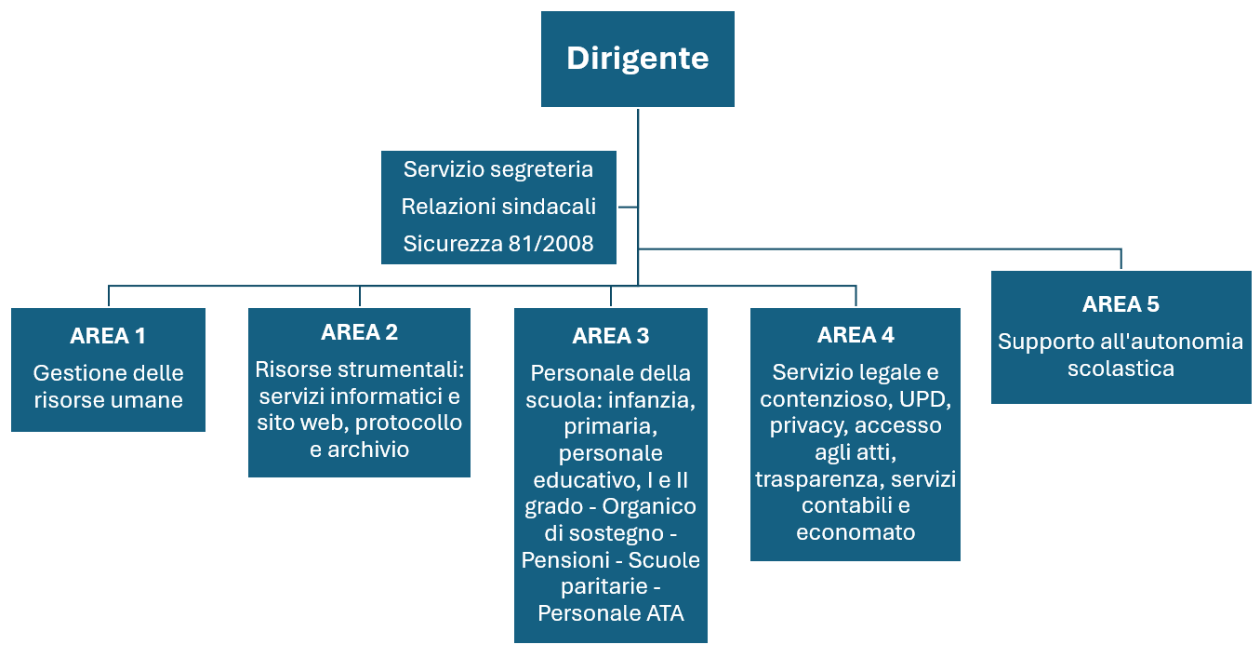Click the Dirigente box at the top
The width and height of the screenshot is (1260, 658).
(637, 60)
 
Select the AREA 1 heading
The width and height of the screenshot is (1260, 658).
(108, 336)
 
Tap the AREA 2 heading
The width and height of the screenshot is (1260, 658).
(360, 332)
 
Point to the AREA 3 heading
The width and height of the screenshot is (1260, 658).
(611, 336)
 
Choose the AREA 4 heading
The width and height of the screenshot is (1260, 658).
(855, 335)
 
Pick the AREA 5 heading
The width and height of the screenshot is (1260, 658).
(1121, 304)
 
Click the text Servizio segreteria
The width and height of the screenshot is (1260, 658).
(498, 169)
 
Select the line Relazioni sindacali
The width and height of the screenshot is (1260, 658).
(498, 207)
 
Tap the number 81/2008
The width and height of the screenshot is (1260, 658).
(551, 244)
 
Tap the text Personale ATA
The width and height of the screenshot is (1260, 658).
(611, 613)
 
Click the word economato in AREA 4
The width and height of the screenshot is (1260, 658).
(855, 532)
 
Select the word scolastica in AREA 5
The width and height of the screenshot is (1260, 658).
(1121, 369)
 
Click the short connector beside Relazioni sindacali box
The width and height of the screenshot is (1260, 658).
(628, 208)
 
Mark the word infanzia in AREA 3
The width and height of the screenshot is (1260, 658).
(652, 400)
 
